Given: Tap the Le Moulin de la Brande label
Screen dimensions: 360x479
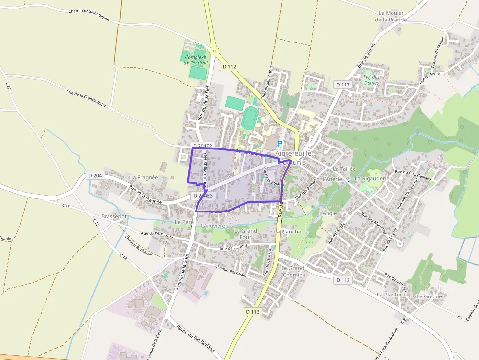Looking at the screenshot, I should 391,16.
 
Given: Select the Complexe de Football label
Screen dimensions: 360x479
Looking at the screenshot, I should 196,60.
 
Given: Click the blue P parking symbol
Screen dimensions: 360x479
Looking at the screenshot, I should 280,144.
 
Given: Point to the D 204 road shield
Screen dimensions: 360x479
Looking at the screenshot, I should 95,175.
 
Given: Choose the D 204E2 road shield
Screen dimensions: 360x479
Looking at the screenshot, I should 202,146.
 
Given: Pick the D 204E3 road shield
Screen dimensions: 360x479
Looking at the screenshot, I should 203,196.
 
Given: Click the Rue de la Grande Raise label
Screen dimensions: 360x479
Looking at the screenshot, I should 87,97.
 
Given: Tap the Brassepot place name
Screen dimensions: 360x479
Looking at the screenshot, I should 113,216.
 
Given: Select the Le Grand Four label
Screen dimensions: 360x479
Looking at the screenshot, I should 245,233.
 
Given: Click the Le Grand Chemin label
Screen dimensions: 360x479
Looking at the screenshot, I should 293,272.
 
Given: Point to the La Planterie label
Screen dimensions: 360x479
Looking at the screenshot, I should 392,295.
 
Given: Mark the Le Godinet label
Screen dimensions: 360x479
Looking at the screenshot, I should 430,296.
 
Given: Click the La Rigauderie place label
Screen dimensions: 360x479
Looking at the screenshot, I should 372,178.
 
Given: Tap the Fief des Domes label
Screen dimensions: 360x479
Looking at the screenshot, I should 371,80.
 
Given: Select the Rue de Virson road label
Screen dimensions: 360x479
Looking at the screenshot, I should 366,55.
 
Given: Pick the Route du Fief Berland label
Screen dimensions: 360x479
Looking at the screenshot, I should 196,339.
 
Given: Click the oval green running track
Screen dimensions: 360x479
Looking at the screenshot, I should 249,118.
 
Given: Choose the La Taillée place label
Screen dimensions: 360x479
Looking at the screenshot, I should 345,169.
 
